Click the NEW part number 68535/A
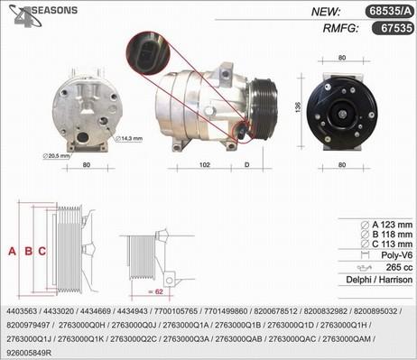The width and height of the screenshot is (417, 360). (390, 11)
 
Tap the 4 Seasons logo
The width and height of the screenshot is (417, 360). (42, 15)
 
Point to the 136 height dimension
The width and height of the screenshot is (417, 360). (298, 107)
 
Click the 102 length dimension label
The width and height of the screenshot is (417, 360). (205, 165)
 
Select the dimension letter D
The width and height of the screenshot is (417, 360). (247, 165)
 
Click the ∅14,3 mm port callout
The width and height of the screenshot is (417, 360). (129, 139)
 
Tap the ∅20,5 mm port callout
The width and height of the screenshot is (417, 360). (56, 156)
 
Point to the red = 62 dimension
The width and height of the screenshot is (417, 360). (156, 291)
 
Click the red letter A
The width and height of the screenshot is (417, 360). (12, 251)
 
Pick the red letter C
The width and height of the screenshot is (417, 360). (42, 251)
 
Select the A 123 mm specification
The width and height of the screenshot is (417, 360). (386, 225)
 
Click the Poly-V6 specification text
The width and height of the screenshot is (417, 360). (397, 255)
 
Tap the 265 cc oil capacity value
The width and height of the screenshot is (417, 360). (399, 267)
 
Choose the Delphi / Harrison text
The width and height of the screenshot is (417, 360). (379, 280)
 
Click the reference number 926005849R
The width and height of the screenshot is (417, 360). (29, 353)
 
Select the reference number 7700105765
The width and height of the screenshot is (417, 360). (176, 311)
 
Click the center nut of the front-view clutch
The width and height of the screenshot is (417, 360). (342, 115)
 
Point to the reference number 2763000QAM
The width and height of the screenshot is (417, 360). (347, 339)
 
